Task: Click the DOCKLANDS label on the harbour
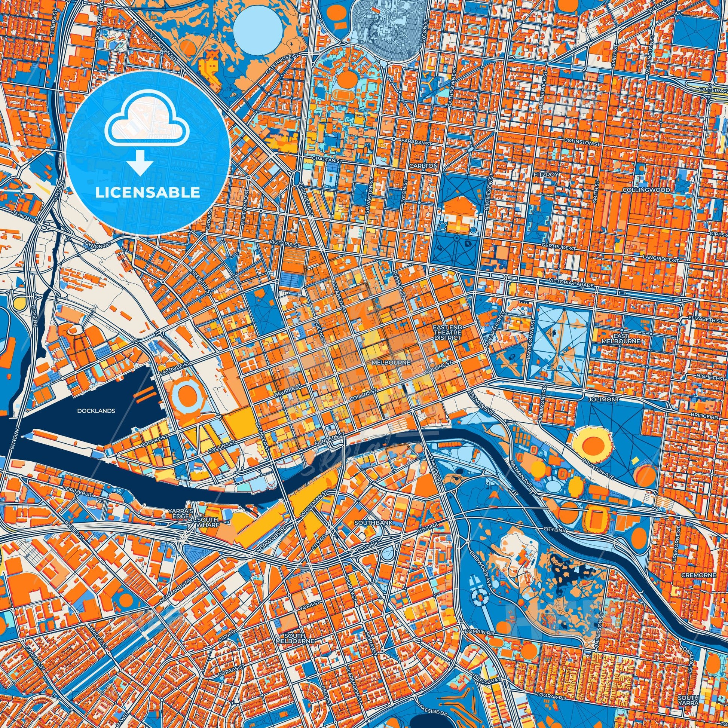96,411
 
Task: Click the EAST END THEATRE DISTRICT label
447,333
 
